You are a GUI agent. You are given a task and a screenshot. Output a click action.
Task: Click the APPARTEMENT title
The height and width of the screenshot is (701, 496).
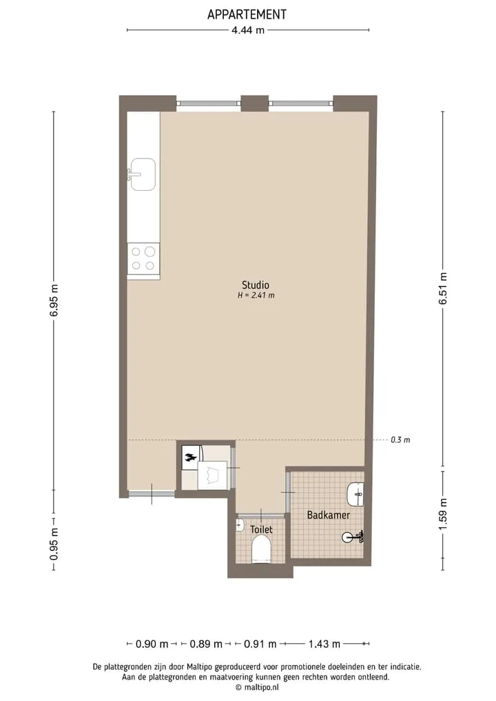(x=247, y=14)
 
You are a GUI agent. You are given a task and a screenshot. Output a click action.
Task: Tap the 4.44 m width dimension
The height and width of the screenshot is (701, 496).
(x=247, y=30)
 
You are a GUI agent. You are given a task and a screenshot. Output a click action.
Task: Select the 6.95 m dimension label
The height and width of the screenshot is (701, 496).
(x=54, y=300)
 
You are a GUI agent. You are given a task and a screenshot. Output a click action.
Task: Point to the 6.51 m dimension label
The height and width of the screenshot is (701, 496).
(x=443, y=288)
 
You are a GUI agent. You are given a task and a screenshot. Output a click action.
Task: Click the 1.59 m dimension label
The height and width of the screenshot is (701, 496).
(x=443, y=514)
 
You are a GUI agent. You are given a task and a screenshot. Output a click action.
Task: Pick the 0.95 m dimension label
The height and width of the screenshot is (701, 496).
(x=54, y=544)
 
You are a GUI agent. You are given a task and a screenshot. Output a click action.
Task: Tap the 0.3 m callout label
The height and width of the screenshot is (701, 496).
(x=400, y=440)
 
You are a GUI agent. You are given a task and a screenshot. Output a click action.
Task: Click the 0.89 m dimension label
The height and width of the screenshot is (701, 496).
(x=206, y=644)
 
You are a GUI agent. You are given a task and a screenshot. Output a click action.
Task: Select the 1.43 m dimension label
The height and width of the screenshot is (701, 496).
(x=324, y=644)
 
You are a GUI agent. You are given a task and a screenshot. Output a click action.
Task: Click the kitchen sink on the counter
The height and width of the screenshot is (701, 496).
(x=142, y=174)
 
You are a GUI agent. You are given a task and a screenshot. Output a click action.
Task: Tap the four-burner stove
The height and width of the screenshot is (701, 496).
(x=143, y=258)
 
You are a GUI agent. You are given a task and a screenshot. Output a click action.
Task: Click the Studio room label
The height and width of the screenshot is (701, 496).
(x=256, y=285)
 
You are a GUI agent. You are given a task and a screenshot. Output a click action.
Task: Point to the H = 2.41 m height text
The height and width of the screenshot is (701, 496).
(x=256, y=296)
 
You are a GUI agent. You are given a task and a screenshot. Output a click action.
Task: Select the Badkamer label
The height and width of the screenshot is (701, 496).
(x=329, y=515)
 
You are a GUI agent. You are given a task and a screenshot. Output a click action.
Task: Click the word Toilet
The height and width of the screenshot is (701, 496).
(x=261, y=529)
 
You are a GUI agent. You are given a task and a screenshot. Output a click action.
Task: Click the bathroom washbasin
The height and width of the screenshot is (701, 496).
(x=355, y=494)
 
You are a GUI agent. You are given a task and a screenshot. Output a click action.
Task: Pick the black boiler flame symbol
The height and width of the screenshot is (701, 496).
(x=190, y=458)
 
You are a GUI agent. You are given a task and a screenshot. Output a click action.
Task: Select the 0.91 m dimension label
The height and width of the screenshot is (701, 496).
(x=260, y=644)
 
